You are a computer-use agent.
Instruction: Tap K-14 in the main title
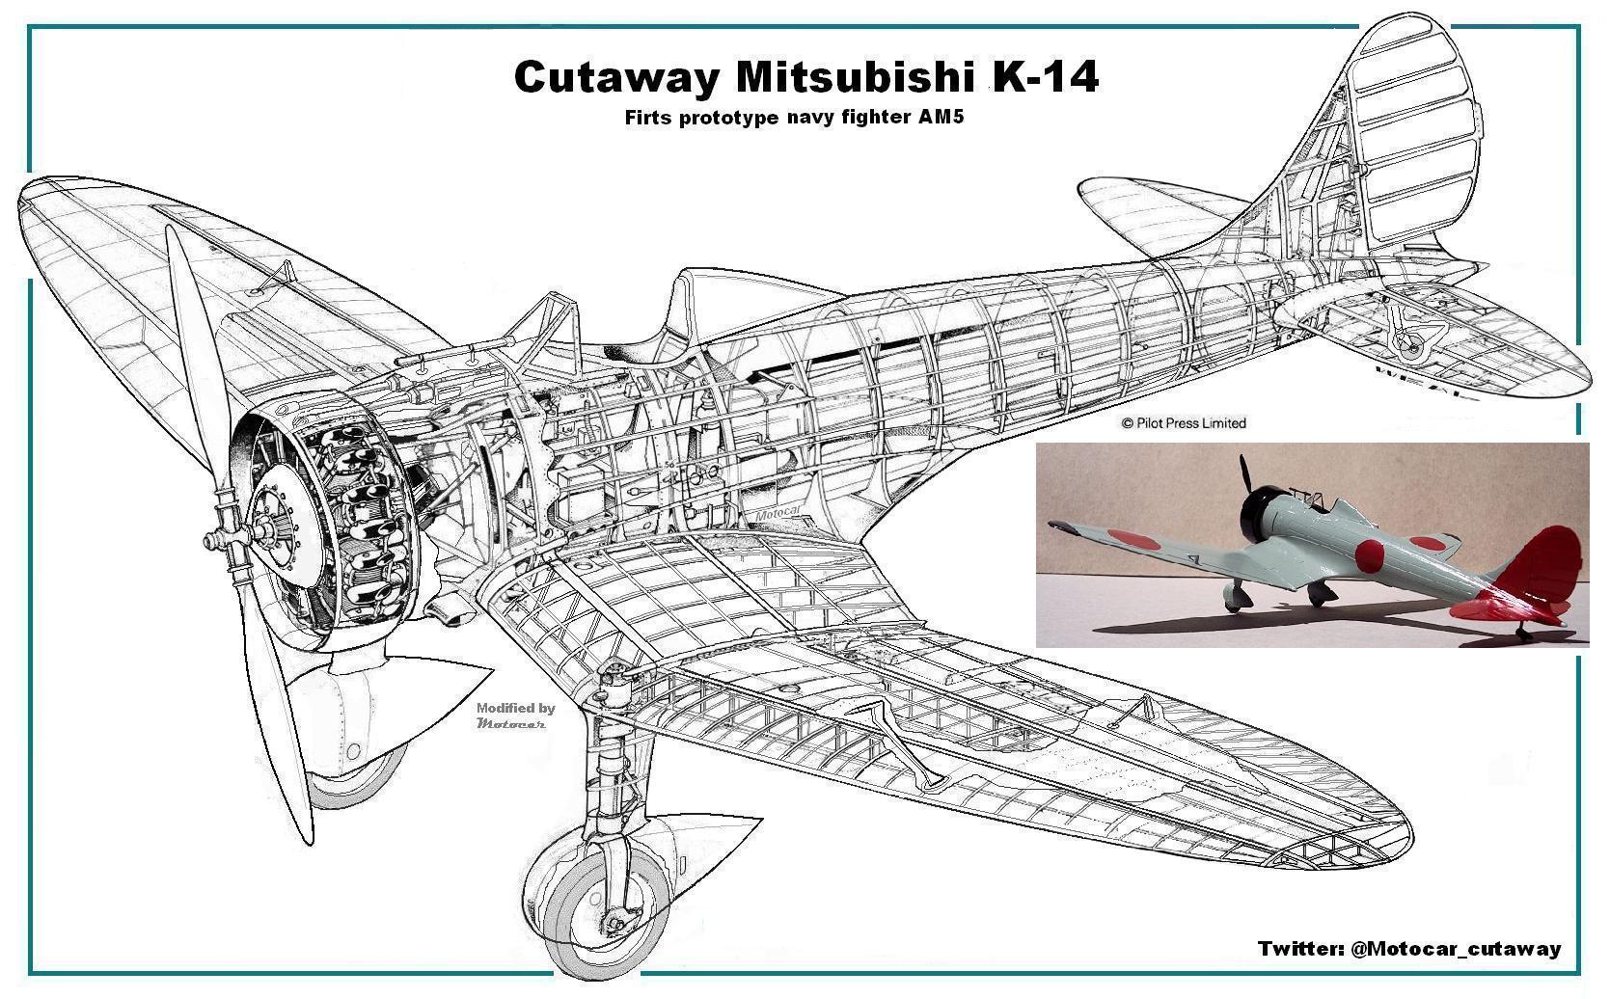1046,77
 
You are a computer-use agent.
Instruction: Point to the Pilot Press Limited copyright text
1184,422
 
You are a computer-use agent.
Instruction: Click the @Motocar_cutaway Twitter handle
1457,949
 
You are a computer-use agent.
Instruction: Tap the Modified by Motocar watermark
515,715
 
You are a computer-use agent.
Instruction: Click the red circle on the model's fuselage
1371,553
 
